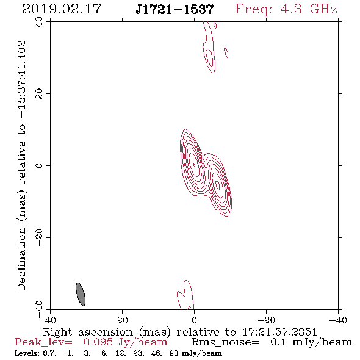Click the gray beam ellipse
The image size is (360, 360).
tap(81, 294)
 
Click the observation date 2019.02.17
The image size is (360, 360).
tap(62, 9)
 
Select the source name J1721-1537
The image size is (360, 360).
tap(175, 9)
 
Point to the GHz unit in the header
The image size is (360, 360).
tap(323, 9)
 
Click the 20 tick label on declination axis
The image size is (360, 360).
tap(39, 94)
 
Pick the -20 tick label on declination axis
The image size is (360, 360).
tap(39, 237)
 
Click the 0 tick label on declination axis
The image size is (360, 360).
tap(39, 165)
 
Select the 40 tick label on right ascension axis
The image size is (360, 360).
tap(50, 320)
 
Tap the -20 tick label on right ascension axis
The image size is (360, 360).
tap(266, 320)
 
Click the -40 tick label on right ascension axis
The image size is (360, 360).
tap(338, 320)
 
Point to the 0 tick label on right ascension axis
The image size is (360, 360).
tap(194, 320)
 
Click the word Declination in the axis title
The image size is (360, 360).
tap(21, 259)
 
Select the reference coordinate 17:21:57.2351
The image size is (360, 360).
tap(279, 332)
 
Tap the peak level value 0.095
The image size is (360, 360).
tap(98, 342)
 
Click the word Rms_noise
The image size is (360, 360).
tap(225, 342)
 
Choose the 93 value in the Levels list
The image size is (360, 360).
tap(173, 353)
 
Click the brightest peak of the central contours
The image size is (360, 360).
tap(194, 164)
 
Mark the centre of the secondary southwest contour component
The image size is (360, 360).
tap(218, 185)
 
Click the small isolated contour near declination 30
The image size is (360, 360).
tap(226, 53)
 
